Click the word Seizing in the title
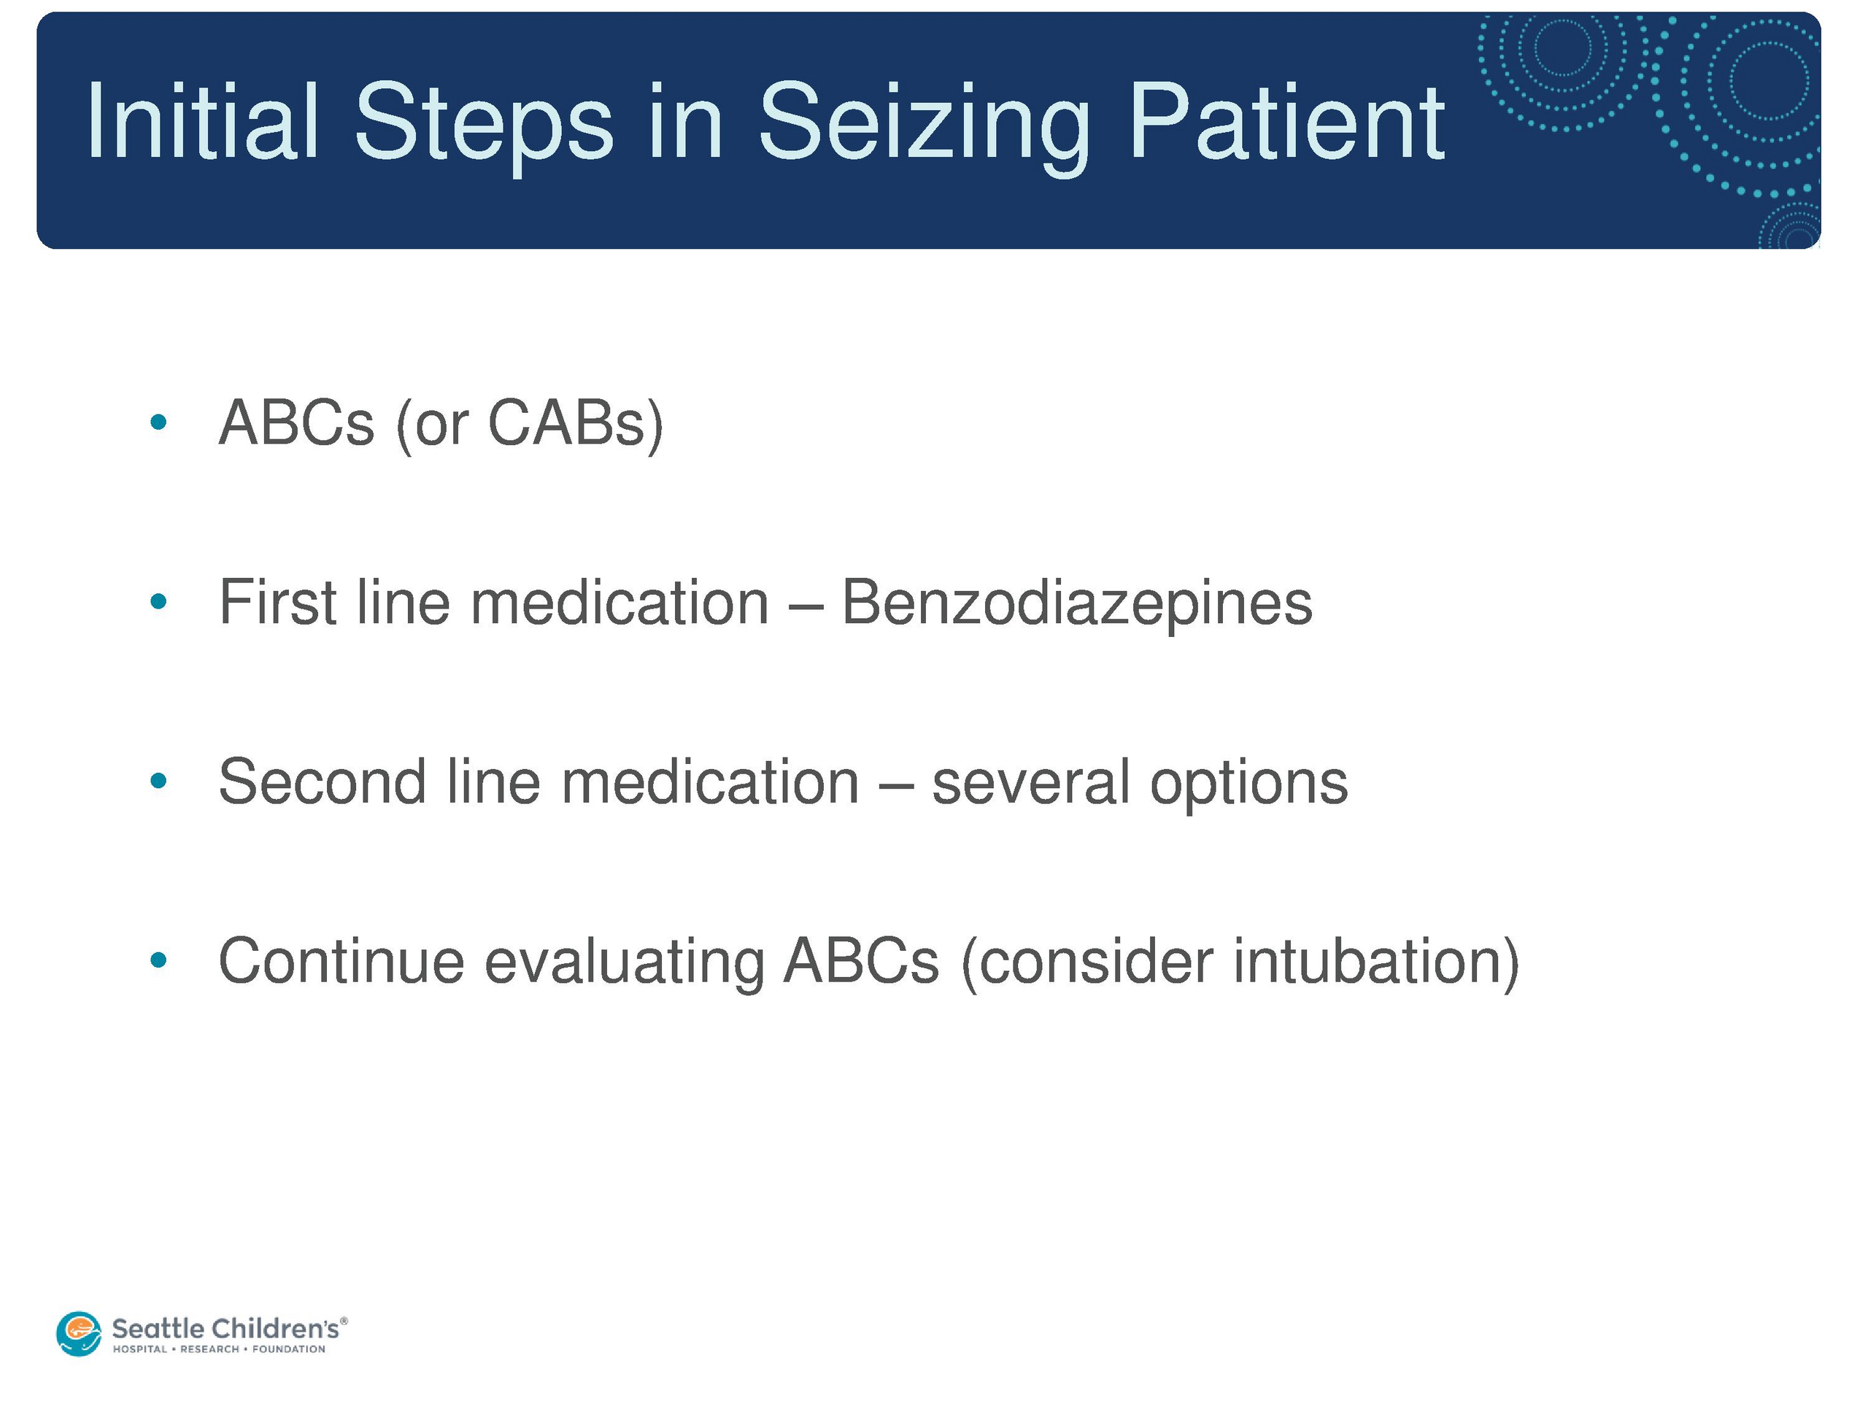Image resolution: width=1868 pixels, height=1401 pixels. tap(924, 127)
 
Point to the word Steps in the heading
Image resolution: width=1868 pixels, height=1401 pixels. tap(484, 127)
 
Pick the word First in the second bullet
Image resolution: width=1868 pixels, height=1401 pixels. tap(278, 601)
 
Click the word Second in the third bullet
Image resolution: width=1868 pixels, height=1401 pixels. tap(322, 781)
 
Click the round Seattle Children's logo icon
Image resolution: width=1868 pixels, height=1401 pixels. tap(80, 1333)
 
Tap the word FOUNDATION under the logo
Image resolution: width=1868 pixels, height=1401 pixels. tap(289, 1349)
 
